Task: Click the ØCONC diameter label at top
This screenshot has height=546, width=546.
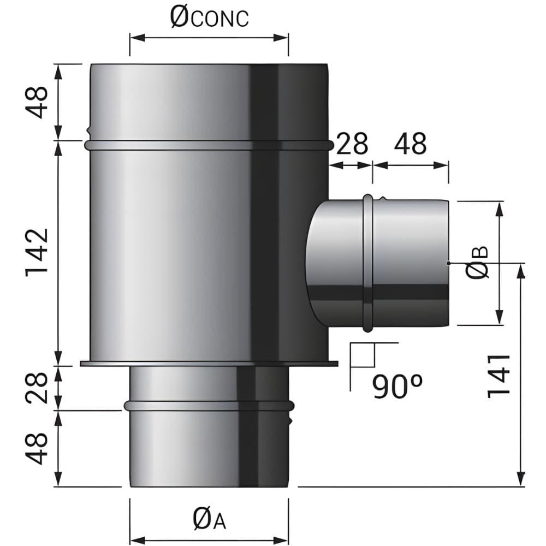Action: (x=209, y=18)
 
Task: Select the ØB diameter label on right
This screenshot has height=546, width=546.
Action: (x=478, y=263)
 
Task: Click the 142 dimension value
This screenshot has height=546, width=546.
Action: (x=37, y=252)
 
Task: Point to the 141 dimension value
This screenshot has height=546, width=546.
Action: (x=498, y=376)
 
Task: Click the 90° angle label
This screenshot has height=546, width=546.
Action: (x=397, y=386)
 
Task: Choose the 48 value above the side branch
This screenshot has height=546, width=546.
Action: (x=410, y=144)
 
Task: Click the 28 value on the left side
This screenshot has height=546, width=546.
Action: (x=37, y=388)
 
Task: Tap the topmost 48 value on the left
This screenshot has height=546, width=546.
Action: (x=37, y=102)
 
